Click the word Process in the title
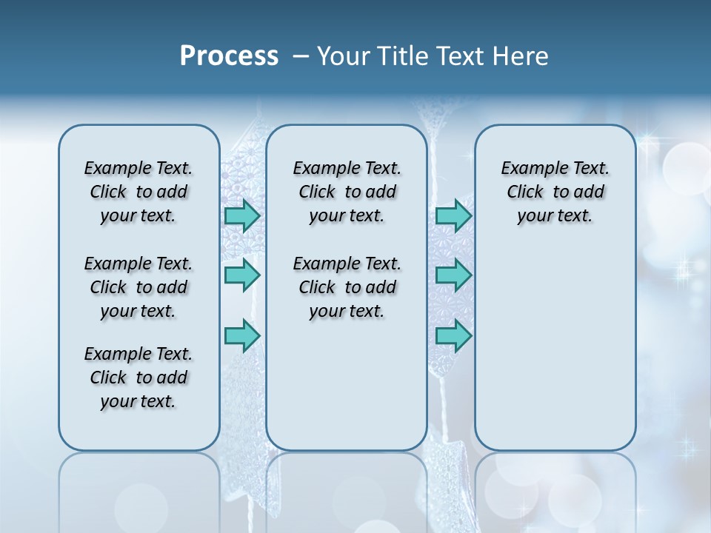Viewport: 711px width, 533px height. click(229, 56)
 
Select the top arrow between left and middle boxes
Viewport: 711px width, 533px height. click(242, 215)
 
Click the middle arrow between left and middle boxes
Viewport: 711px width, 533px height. click(242, 275)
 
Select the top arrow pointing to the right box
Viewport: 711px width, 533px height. click(453, 215)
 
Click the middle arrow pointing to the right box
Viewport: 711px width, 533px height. click(453, 275)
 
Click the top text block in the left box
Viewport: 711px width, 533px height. click(138, 192)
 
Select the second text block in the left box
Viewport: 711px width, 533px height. click(138, 287)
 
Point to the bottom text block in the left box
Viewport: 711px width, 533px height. click(138, 378)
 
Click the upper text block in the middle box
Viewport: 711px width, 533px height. click(347, 192)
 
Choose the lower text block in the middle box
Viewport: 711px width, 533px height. click(347, 287)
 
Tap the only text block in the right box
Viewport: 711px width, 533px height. click(555, 192)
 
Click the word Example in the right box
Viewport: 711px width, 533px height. click(530, 169)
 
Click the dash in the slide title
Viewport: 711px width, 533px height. click(301, 56)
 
